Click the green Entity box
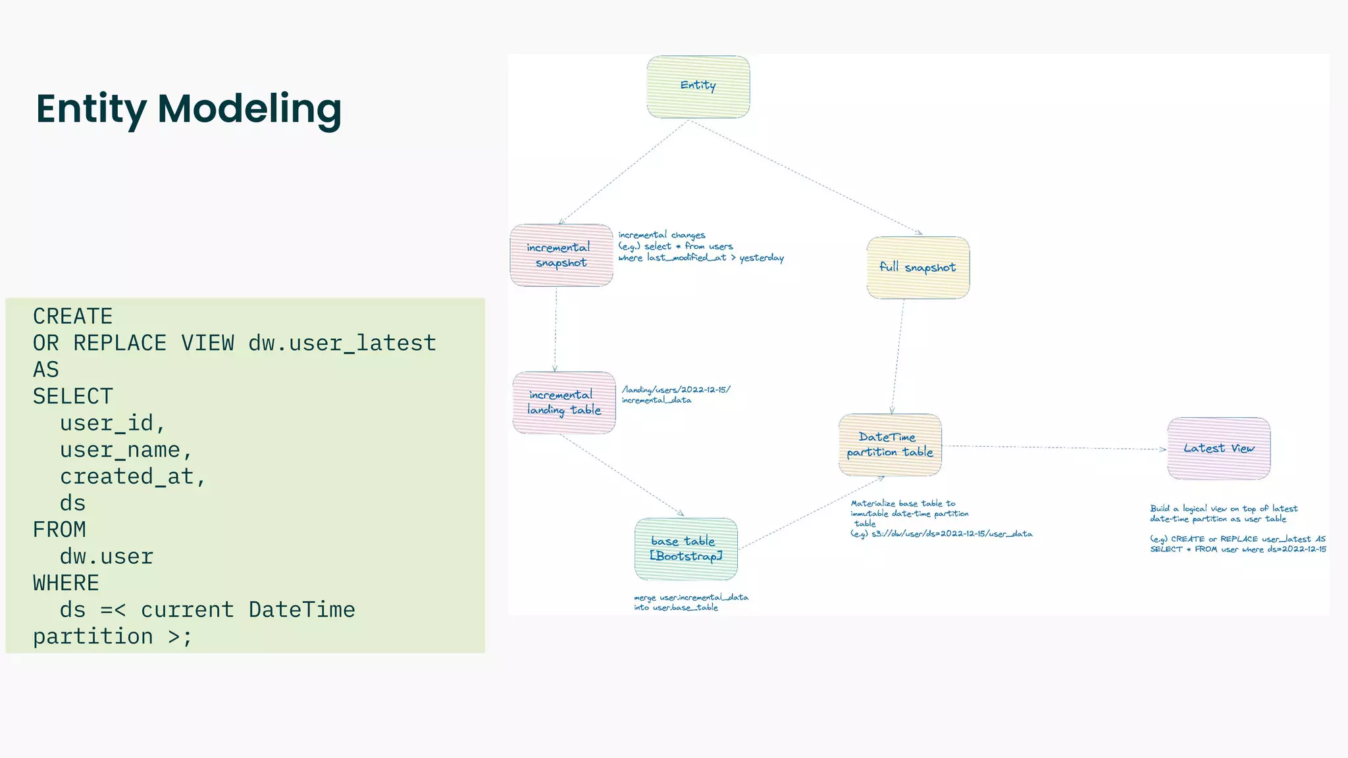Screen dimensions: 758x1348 698,87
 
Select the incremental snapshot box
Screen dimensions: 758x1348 561,255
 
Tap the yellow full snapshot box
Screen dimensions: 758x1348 918,267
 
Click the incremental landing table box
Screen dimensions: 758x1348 564,403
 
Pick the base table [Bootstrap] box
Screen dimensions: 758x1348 686,549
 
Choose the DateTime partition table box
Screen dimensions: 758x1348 890,445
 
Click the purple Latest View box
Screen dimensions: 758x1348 1218,448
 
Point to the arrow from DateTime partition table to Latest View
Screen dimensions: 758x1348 1053,447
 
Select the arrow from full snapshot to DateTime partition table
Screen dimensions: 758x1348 898,356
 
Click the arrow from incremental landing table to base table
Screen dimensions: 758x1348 621,474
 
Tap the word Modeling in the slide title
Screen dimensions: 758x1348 249,109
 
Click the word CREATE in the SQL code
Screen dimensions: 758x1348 73,316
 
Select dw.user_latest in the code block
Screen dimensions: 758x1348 342,343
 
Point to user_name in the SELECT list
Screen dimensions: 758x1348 120,450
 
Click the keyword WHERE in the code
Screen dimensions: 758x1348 66,583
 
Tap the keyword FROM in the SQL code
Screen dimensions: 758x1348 59,530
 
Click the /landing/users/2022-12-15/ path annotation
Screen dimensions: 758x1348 676,390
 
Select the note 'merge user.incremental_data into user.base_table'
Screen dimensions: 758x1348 690,602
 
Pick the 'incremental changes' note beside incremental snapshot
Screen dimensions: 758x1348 661,235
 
